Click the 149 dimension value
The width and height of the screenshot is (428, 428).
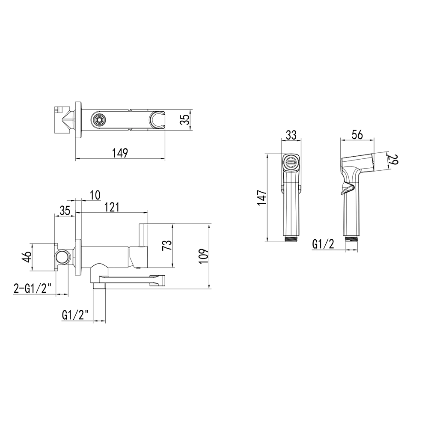(120, 153)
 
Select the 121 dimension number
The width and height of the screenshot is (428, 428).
(112, 208)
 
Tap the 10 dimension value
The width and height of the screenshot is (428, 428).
(95, 195)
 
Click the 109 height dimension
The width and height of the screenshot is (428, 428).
(204, 256)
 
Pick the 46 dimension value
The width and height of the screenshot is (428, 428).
(27, 257)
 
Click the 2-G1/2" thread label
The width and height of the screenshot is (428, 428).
(32, 288)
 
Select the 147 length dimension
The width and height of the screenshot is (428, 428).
(262, 198)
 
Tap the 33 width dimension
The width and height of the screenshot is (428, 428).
(291, 135)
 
